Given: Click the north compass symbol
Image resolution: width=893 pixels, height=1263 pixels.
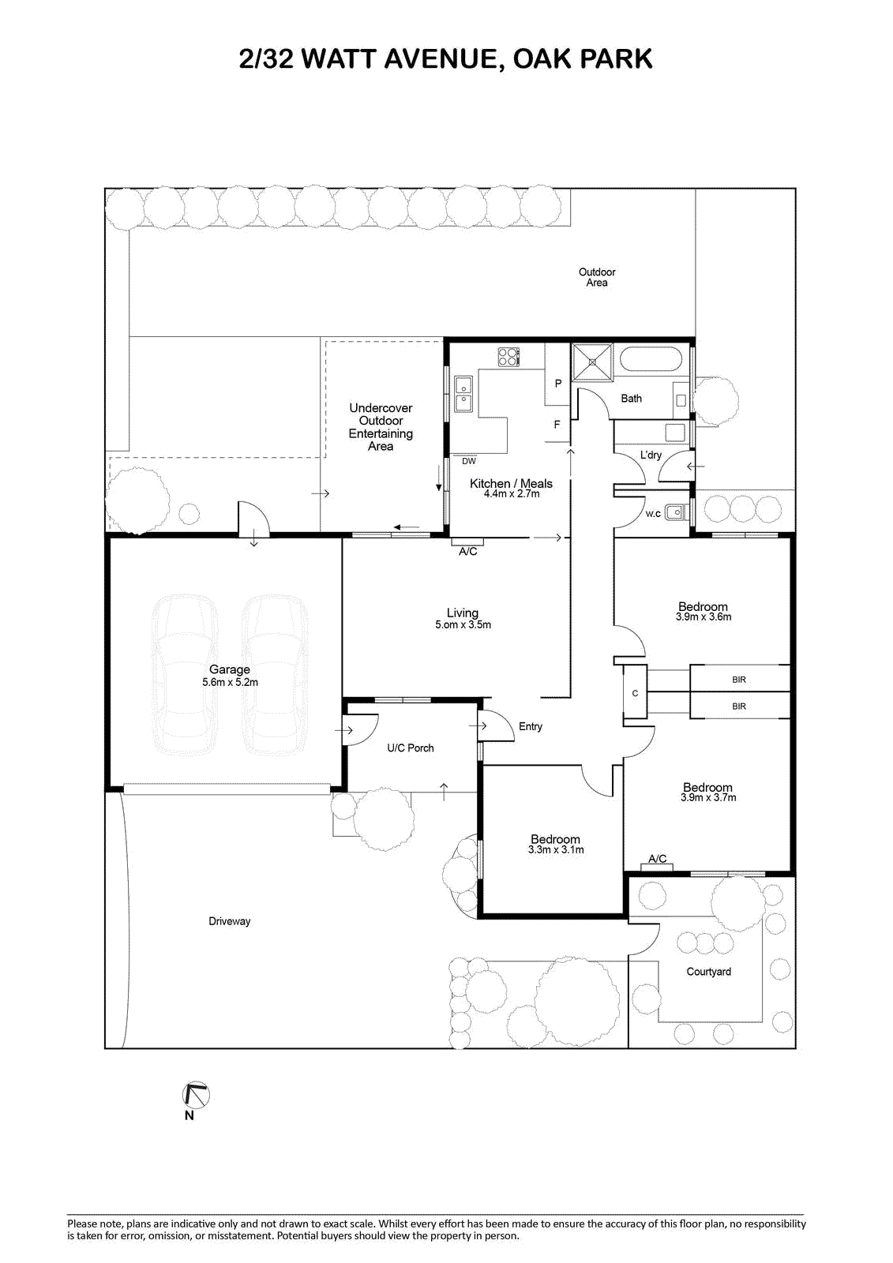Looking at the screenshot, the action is click(196, 1096).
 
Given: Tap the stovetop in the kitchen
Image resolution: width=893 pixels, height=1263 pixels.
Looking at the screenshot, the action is click(508, 357).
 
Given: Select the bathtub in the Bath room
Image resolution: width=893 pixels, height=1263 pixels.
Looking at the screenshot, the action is click(651, 358).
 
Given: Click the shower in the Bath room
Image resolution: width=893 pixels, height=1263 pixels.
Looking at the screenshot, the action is click(592, 362).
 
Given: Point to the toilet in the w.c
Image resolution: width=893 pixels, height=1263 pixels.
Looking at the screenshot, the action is click(675, 512).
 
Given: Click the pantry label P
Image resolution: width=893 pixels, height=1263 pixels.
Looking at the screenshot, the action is click(558, 384).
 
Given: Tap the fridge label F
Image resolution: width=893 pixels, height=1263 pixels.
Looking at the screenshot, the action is click(557, 425).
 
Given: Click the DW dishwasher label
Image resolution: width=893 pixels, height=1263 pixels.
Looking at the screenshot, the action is click(469, 461).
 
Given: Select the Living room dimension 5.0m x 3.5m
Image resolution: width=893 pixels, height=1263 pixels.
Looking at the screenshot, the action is click(463, 624).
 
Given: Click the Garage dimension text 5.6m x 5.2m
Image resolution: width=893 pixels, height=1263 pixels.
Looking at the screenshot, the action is click(231, 682).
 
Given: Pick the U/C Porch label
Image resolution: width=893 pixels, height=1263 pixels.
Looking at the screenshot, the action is click(410, 748).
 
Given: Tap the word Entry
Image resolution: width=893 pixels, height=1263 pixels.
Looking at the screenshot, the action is click(531, 727).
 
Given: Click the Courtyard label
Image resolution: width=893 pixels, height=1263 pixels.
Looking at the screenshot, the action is click(708, 972).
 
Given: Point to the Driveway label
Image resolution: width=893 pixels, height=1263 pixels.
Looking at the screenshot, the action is click(229, 921).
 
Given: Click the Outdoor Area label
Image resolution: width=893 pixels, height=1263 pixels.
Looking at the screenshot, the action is click(597, 277).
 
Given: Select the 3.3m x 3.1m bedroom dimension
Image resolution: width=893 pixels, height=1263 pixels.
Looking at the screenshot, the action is click(556, 849).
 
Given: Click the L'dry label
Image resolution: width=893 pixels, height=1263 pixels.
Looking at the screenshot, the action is click(651, 455).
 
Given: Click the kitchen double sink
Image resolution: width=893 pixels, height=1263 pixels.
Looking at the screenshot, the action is click(463, 394).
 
